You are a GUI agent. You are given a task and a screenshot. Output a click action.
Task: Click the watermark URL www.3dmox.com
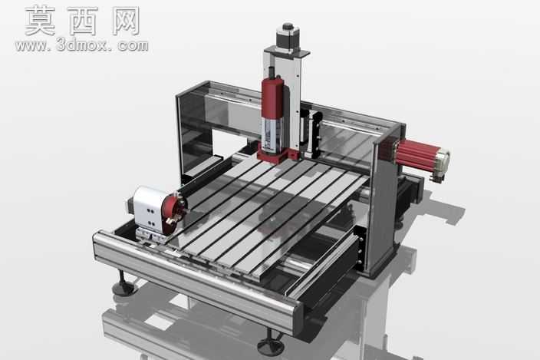[x=81, y=46]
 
